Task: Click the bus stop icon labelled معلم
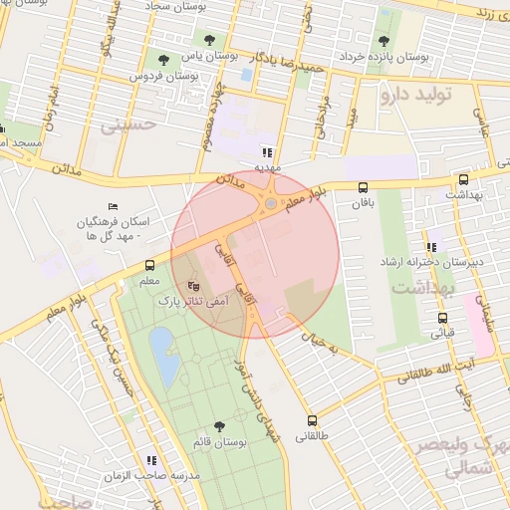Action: point(149,265)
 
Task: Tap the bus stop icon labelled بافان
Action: point(363,187)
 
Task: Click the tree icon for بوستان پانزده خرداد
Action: point(383,41)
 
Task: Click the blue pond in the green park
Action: point(164,357)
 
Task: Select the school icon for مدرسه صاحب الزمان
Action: point(151,460)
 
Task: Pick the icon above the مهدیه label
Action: point(266,152)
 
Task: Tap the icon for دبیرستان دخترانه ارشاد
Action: point(430,246)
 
